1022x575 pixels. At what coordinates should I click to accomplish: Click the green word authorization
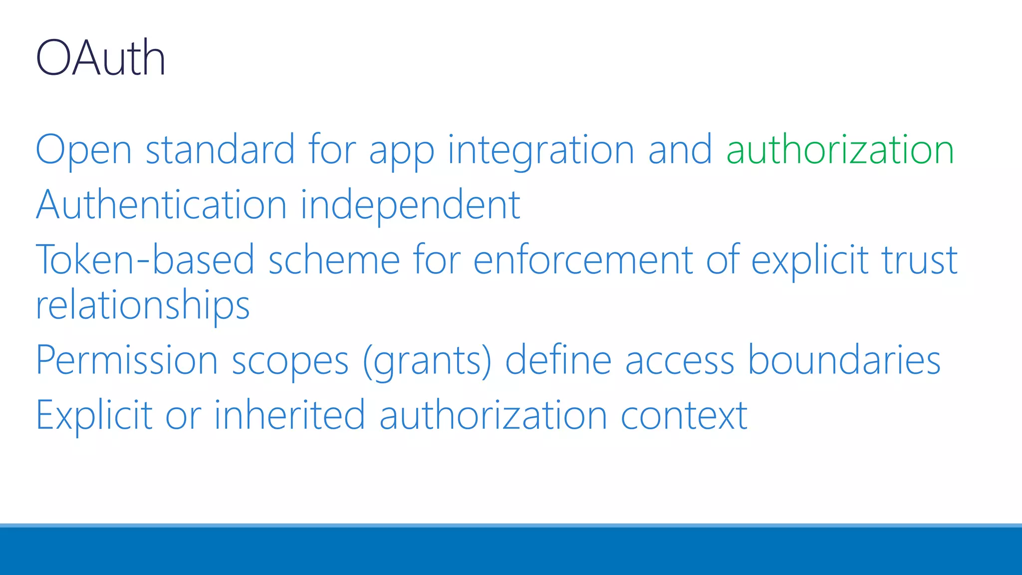click(x=840, y=150)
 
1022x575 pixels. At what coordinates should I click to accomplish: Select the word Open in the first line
click(x=84, y=150)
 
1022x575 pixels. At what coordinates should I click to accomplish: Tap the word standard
click(x=220, y=150)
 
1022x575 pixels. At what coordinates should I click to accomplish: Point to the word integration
click(x=541, y=150)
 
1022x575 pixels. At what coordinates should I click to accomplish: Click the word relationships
click(x=143, y=305)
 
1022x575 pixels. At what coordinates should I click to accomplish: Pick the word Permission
click(x=127, y=360)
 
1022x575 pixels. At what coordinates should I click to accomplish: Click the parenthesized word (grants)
click(x=427, y=360)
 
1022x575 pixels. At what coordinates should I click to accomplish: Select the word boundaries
click(x=844, y=360)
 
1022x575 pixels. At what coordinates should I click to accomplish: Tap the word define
click(x=558, y=360)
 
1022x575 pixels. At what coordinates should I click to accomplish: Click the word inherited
click(x=290, y=415)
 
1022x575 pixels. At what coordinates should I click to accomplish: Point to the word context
click(x=684, y=415)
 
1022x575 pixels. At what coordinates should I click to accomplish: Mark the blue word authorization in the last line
click(x=493, y=415)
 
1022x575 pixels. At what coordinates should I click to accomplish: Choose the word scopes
click(x=290, y=360)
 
